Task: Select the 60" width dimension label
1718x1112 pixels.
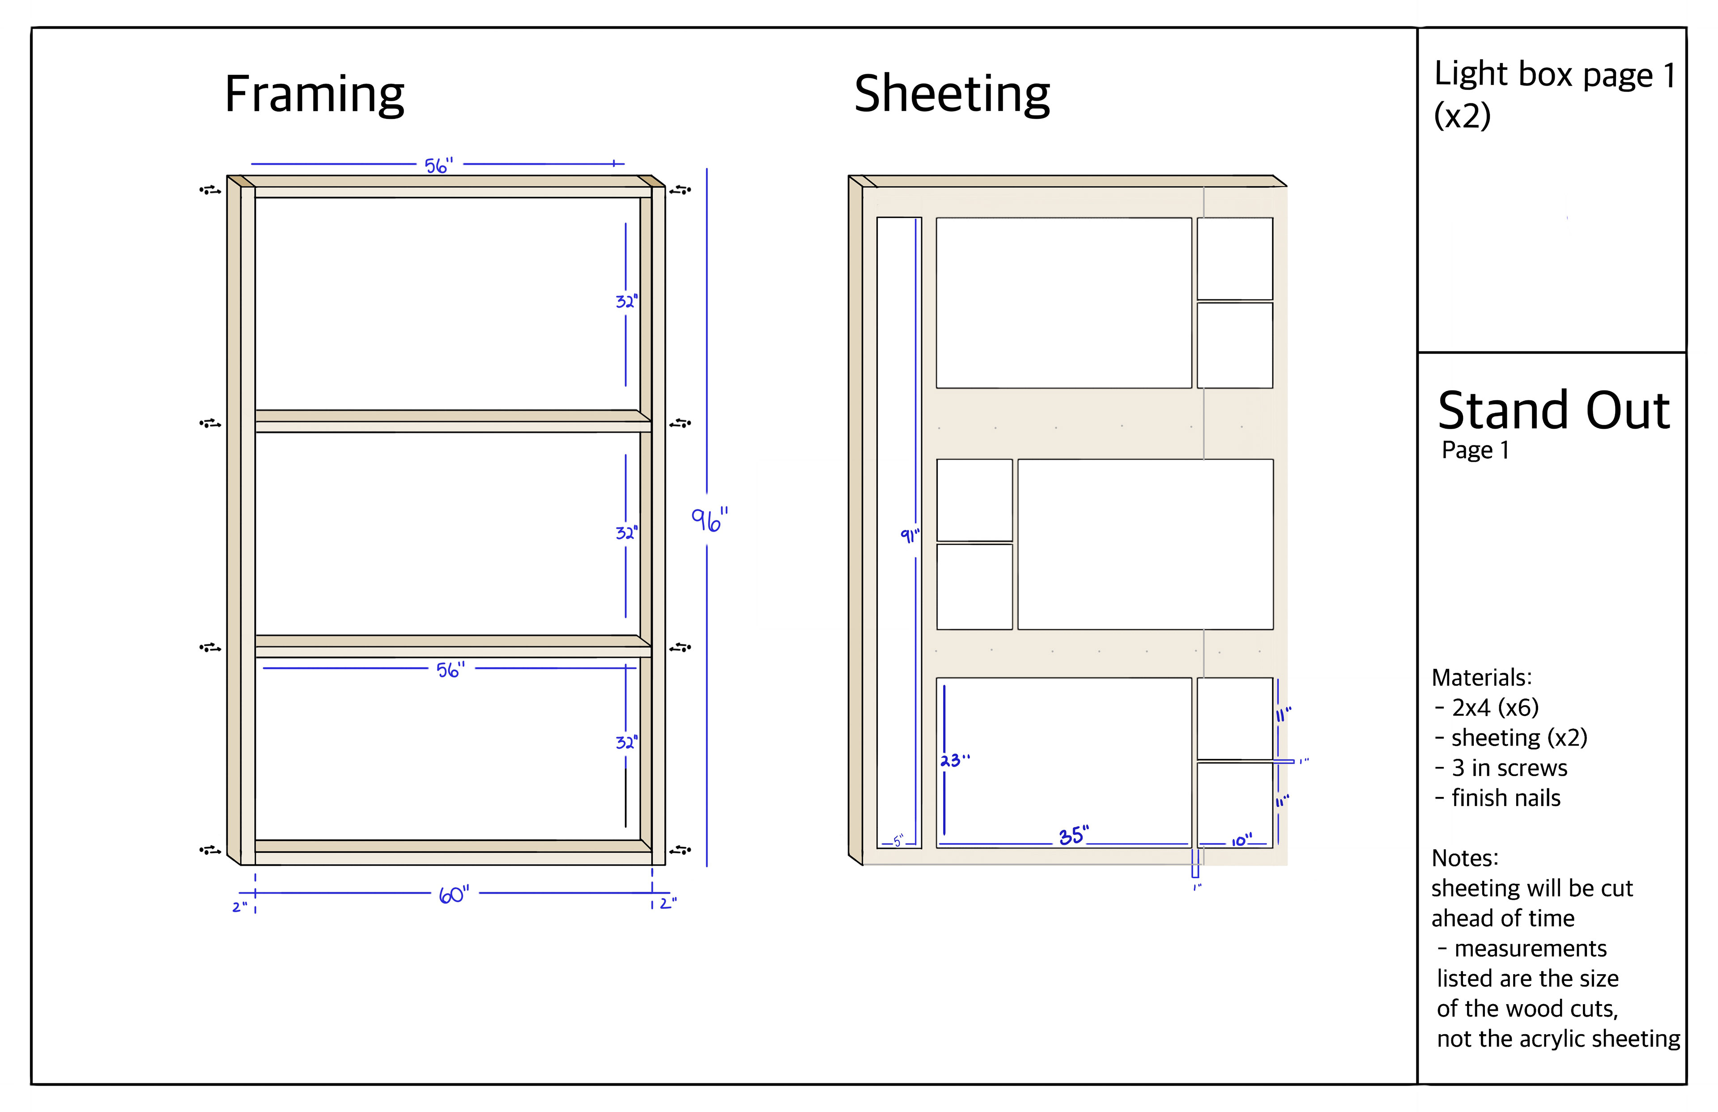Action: tap(454, 895)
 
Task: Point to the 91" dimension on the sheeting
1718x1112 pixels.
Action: tap(910, 535)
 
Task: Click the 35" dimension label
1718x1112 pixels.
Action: tap(1073, 835)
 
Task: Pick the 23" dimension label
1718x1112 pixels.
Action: tap(955, 760)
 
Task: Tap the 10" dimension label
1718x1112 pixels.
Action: tap(1242, 840)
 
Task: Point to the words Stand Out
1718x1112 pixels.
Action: tap(1553, 411)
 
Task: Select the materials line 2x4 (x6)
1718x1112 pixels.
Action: tap(1495, 707)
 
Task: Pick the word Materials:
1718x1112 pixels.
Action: tap(1481, 677)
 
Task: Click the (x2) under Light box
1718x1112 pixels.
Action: tap(1462, 115)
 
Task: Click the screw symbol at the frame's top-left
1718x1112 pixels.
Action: tap(210, 191)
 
